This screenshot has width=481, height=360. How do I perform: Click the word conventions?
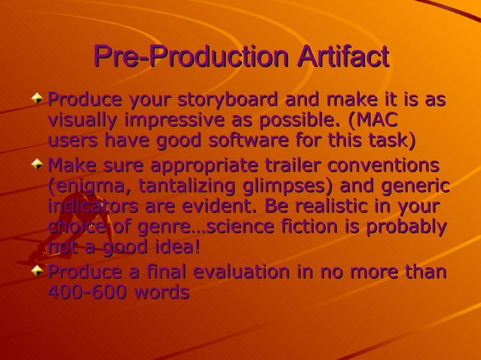pos(391,164)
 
